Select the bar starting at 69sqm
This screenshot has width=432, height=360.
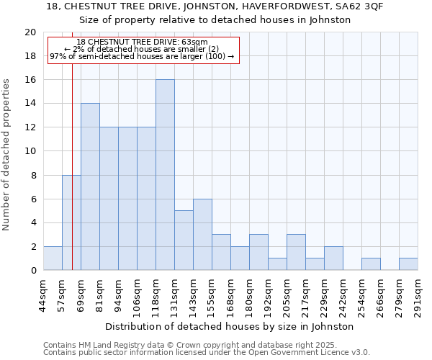coord(90,186)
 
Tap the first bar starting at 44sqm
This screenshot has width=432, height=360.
coord(53,258)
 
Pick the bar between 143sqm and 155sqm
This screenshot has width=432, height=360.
coord(202,234)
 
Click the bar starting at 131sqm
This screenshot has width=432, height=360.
coord(184,240)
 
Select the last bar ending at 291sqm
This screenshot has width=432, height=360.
coord(408,264)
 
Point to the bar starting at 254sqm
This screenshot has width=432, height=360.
coord(371,264)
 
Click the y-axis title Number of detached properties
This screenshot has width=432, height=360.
coord(7,155)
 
